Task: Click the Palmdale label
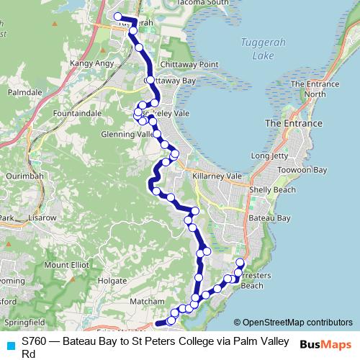tap(24, 93)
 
